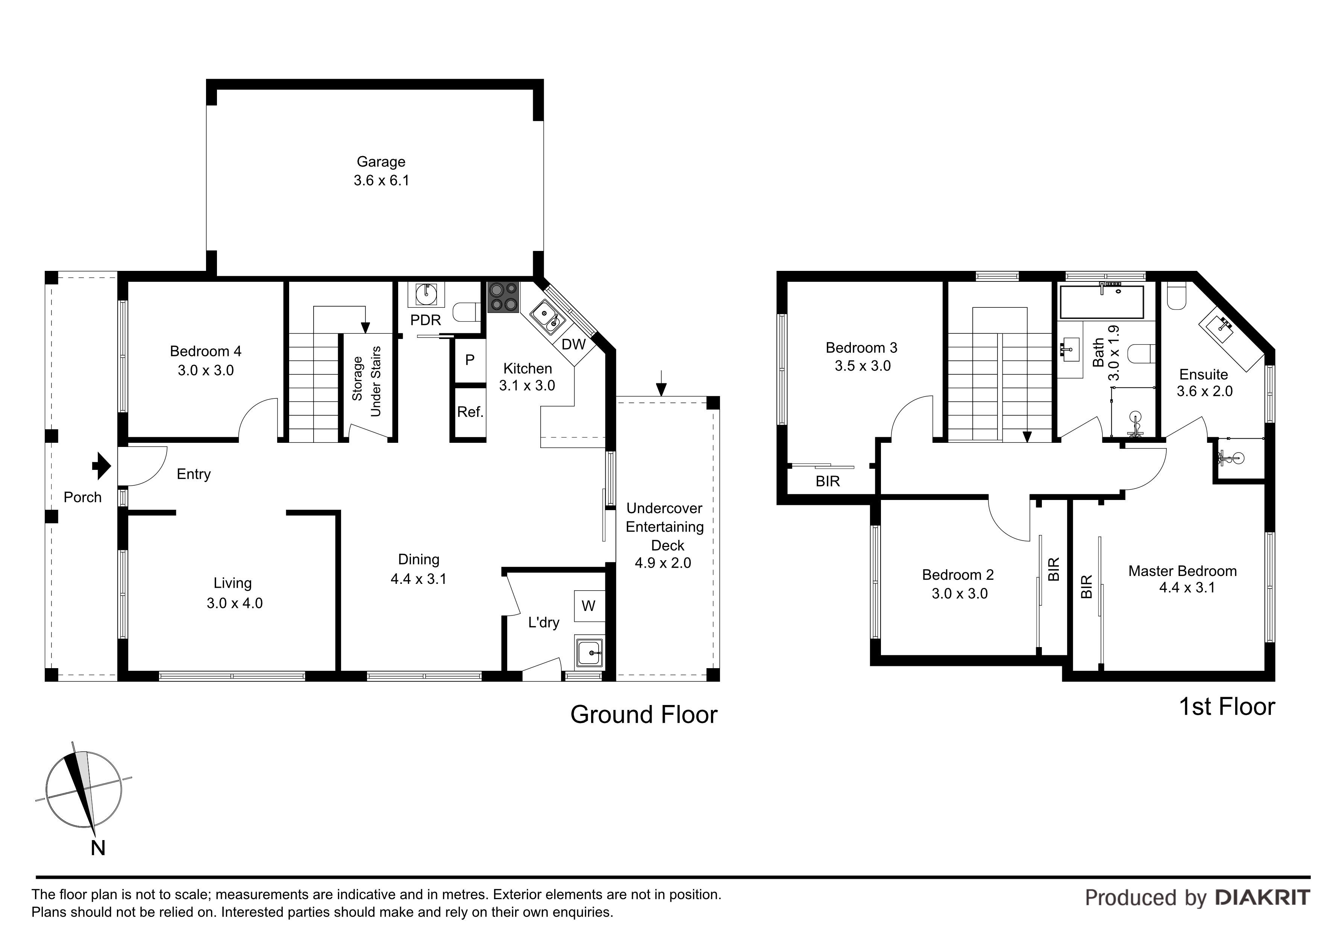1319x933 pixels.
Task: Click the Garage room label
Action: [x=381, y=161]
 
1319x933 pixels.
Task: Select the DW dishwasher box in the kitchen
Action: [x=573, y=344]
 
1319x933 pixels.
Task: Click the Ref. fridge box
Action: [x=470, y=412]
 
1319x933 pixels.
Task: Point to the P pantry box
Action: [x=470, y=360]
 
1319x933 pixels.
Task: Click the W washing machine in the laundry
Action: [x=589, y=606]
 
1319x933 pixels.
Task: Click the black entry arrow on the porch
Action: [x=102, y=466]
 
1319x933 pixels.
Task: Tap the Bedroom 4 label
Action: [x=206, y=351]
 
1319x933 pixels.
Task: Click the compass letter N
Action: [x=98, y=848]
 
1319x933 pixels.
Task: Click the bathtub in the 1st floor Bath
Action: [x=1101, y=302]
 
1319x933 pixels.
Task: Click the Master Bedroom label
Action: [x=1182, y=571]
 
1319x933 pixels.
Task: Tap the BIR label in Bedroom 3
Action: [x=828, y=481]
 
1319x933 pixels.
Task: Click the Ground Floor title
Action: [x=644, y=714]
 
